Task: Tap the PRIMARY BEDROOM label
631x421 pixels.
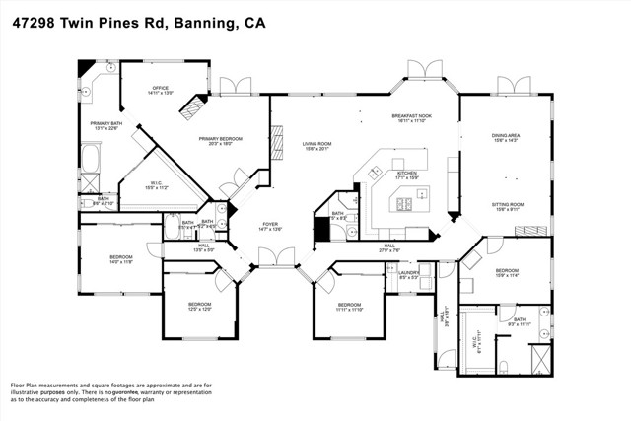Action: coord(221,141)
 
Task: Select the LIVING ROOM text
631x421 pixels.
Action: coord(316,146)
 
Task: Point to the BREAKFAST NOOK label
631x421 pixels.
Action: coord(412,117)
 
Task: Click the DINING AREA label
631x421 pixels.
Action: coord(506,138)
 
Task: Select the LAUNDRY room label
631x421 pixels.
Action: coord(409,273)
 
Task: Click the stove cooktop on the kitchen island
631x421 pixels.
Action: coord(404,205)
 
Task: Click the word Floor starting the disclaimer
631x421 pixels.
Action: coord(19,385)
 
